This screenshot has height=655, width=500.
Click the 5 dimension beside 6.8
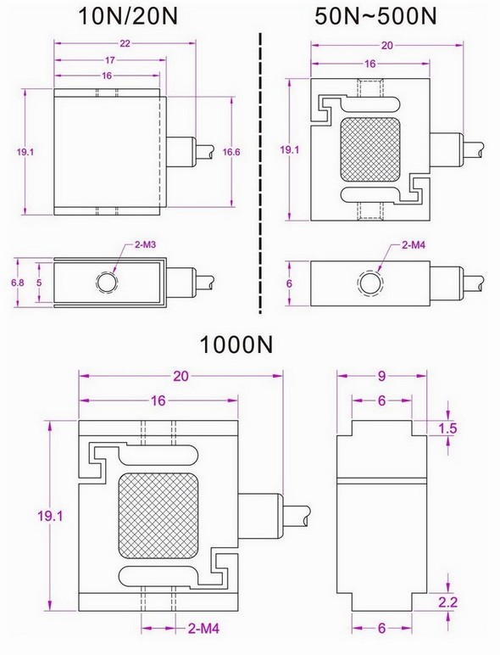tap(39, 281)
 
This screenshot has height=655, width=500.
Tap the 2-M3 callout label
tap(147, 245)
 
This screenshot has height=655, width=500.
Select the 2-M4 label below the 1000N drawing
tap(203, 629)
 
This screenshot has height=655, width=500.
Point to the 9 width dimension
tap(382, 375)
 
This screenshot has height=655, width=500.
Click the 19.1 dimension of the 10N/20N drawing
tap(25, 152)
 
